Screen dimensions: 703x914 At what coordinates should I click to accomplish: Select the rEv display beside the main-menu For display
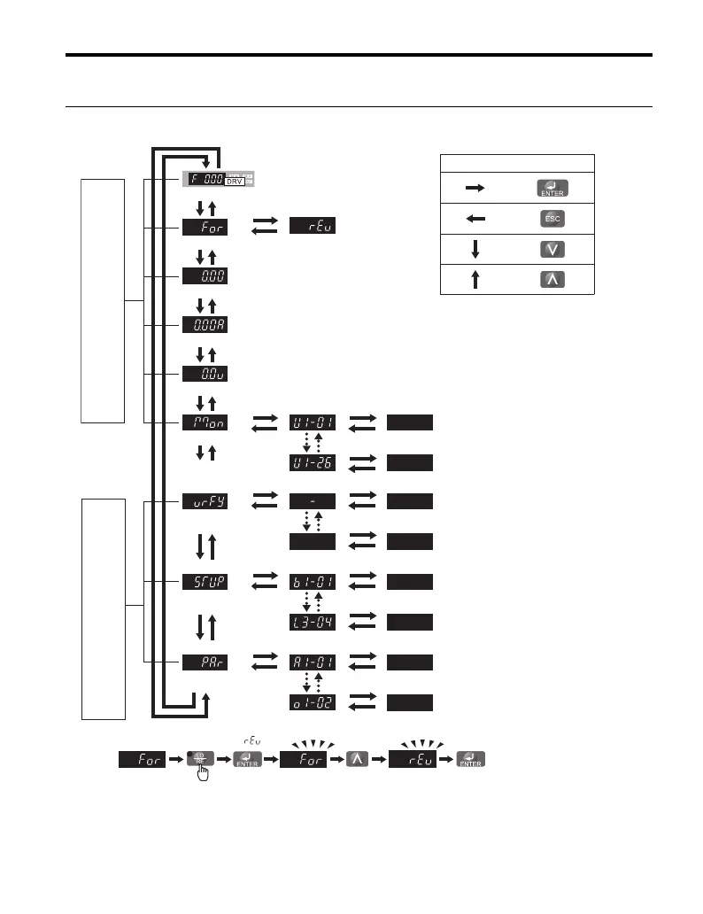pos(313,227)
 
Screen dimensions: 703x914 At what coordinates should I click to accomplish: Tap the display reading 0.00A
pos(205,324)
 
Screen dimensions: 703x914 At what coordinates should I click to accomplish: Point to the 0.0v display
pos(205,373)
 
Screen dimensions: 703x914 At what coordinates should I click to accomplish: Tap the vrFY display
pos(205,501)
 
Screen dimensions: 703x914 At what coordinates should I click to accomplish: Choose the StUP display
pos(205,581)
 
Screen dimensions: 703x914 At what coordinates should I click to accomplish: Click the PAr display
pos(205,662)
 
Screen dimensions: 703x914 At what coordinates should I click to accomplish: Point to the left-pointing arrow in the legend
pos(475,217)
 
